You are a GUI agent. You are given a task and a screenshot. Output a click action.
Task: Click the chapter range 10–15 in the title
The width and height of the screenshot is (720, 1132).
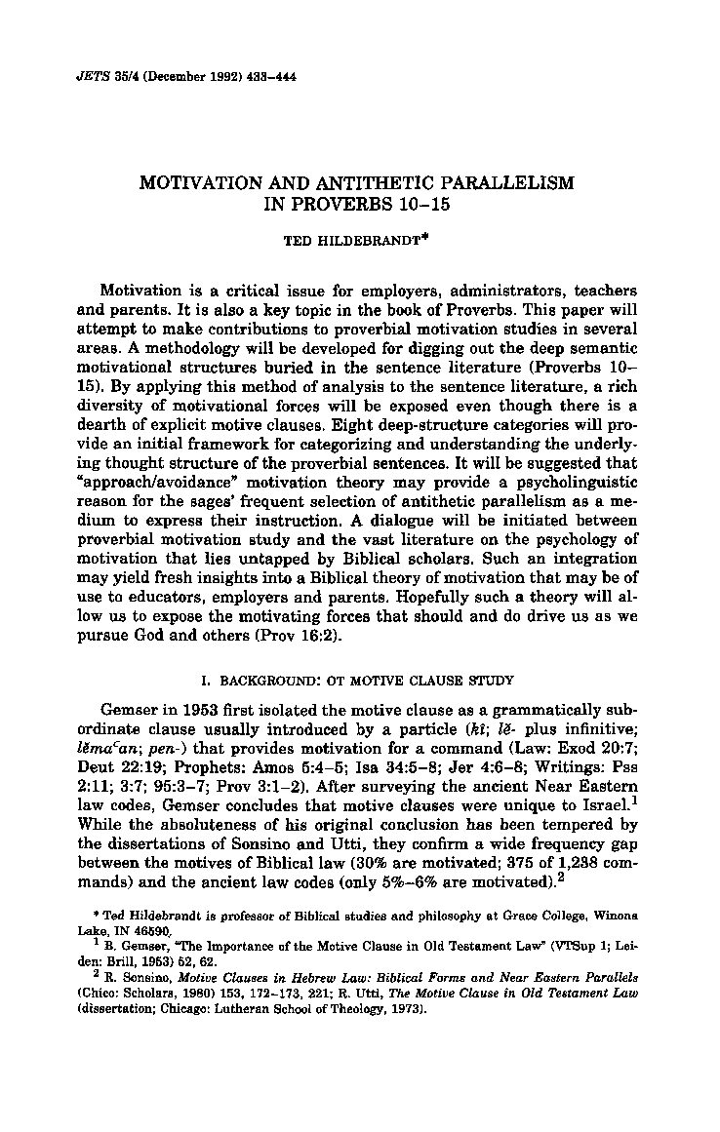[x=426, y=204]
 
